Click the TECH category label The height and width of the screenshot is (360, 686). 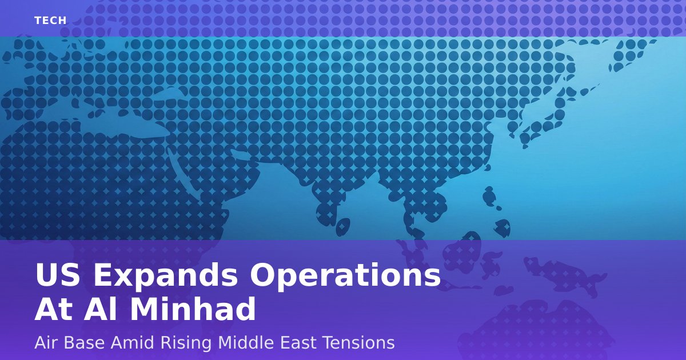(x=50, y=21)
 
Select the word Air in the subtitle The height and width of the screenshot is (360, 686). (x=46, y=343)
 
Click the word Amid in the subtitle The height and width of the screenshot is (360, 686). (x=132, y=343)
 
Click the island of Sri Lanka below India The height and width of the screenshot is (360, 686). (x=343, y=227)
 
